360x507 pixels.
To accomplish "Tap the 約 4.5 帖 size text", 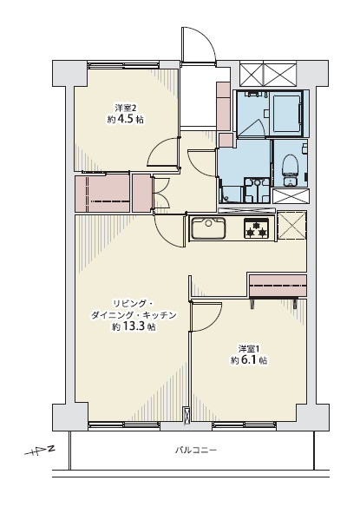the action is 126,120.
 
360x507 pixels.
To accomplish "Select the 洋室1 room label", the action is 249,349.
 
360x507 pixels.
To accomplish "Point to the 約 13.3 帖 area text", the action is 134,327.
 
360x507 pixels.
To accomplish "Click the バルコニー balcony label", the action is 195,450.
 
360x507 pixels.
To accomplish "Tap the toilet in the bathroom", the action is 290,169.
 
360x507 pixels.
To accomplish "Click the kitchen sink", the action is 208,228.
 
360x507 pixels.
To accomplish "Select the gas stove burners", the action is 256,228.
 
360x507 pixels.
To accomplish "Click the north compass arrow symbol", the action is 39,451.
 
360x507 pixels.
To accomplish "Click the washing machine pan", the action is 258,190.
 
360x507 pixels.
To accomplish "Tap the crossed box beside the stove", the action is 291,226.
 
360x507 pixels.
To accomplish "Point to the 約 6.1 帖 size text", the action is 249,360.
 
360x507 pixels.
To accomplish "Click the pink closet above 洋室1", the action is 278,286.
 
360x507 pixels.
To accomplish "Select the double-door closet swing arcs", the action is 162,193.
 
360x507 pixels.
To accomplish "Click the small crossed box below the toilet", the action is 291,196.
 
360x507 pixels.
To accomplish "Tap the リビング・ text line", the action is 133,304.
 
